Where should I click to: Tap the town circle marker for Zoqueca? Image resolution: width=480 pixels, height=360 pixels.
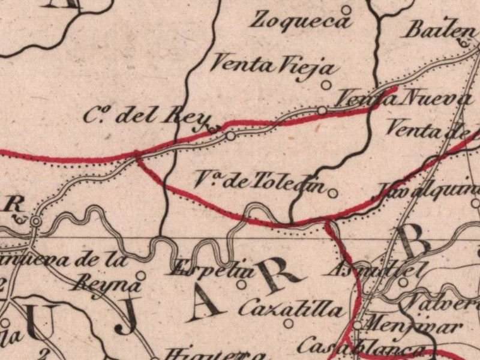[346, 10]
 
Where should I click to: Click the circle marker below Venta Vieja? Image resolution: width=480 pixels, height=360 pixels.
[326, 85]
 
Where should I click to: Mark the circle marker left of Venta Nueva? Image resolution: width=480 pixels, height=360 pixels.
[322, 110]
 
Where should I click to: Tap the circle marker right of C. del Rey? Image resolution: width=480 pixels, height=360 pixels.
[231, 137]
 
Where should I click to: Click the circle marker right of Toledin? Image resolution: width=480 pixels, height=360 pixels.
[332, 193]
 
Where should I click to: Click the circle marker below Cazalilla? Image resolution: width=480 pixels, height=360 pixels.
[289, 323]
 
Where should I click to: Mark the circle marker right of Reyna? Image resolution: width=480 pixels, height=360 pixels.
[140, 275]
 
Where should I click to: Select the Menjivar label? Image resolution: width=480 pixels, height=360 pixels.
[414, 328]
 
